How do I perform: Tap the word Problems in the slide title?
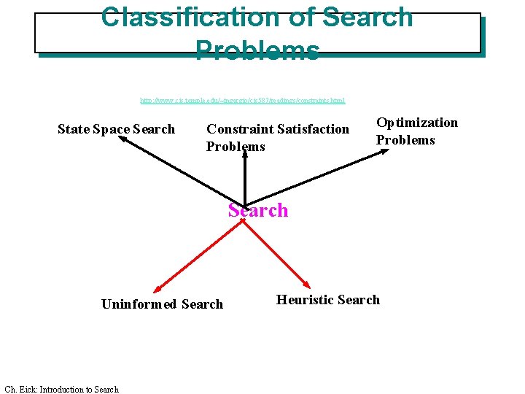click(x=257, y=50)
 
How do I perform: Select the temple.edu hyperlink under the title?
click(x=242, y=100)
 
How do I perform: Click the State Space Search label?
click(x=116, y=129)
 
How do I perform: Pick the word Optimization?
click(x=417, y=123)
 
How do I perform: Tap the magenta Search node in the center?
click(x=258, y=210)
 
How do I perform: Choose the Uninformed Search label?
click(x=162, y=304)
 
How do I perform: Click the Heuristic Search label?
click(x=328, y=299)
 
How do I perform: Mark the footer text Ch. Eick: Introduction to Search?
click(x=61, y=389)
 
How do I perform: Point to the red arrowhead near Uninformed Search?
click(x=157, y=290)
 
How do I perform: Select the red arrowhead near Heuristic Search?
click(x=308, y=285)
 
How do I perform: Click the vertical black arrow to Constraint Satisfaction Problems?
click(x=244, y=175)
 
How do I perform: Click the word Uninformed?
click(x=139, y=304)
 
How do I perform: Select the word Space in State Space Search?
click(x=112, y=129)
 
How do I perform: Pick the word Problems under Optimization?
click(x=405, y=140)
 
